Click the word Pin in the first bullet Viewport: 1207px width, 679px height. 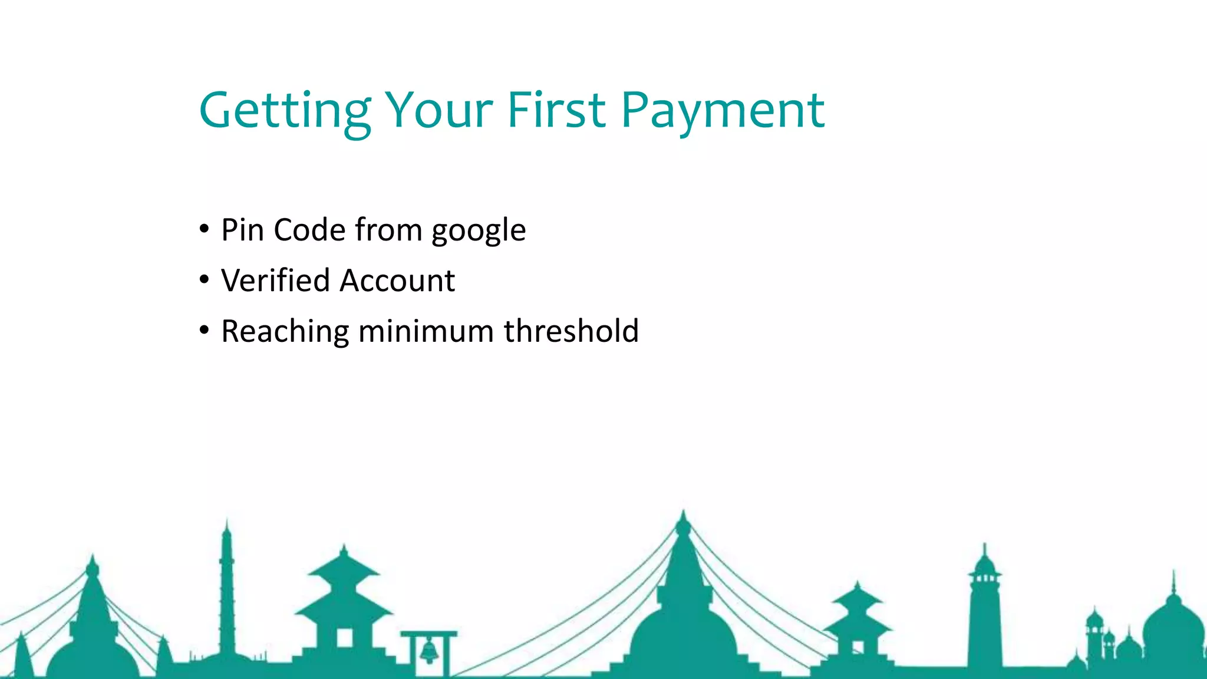click(242, 229)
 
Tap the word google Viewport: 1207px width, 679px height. click(479, 231)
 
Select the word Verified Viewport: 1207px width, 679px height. click(275, 280)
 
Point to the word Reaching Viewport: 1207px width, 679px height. click(285, 332)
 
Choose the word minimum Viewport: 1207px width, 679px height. click(426, 331)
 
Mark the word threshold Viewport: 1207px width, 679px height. click(571, 331)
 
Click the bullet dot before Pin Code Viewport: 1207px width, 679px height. click(204, 229)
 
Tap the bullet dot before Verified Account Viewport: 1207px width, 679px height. click(204, 279)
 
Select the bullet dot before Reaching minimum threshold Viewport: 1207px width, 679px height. click(204, 330)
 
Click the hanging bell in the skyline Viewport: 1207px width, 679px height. click(429, 651)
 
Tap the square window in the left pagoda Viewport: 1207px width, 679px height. click(344, 637)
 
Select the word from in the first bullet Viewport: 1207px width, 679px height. click(388, 229)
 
